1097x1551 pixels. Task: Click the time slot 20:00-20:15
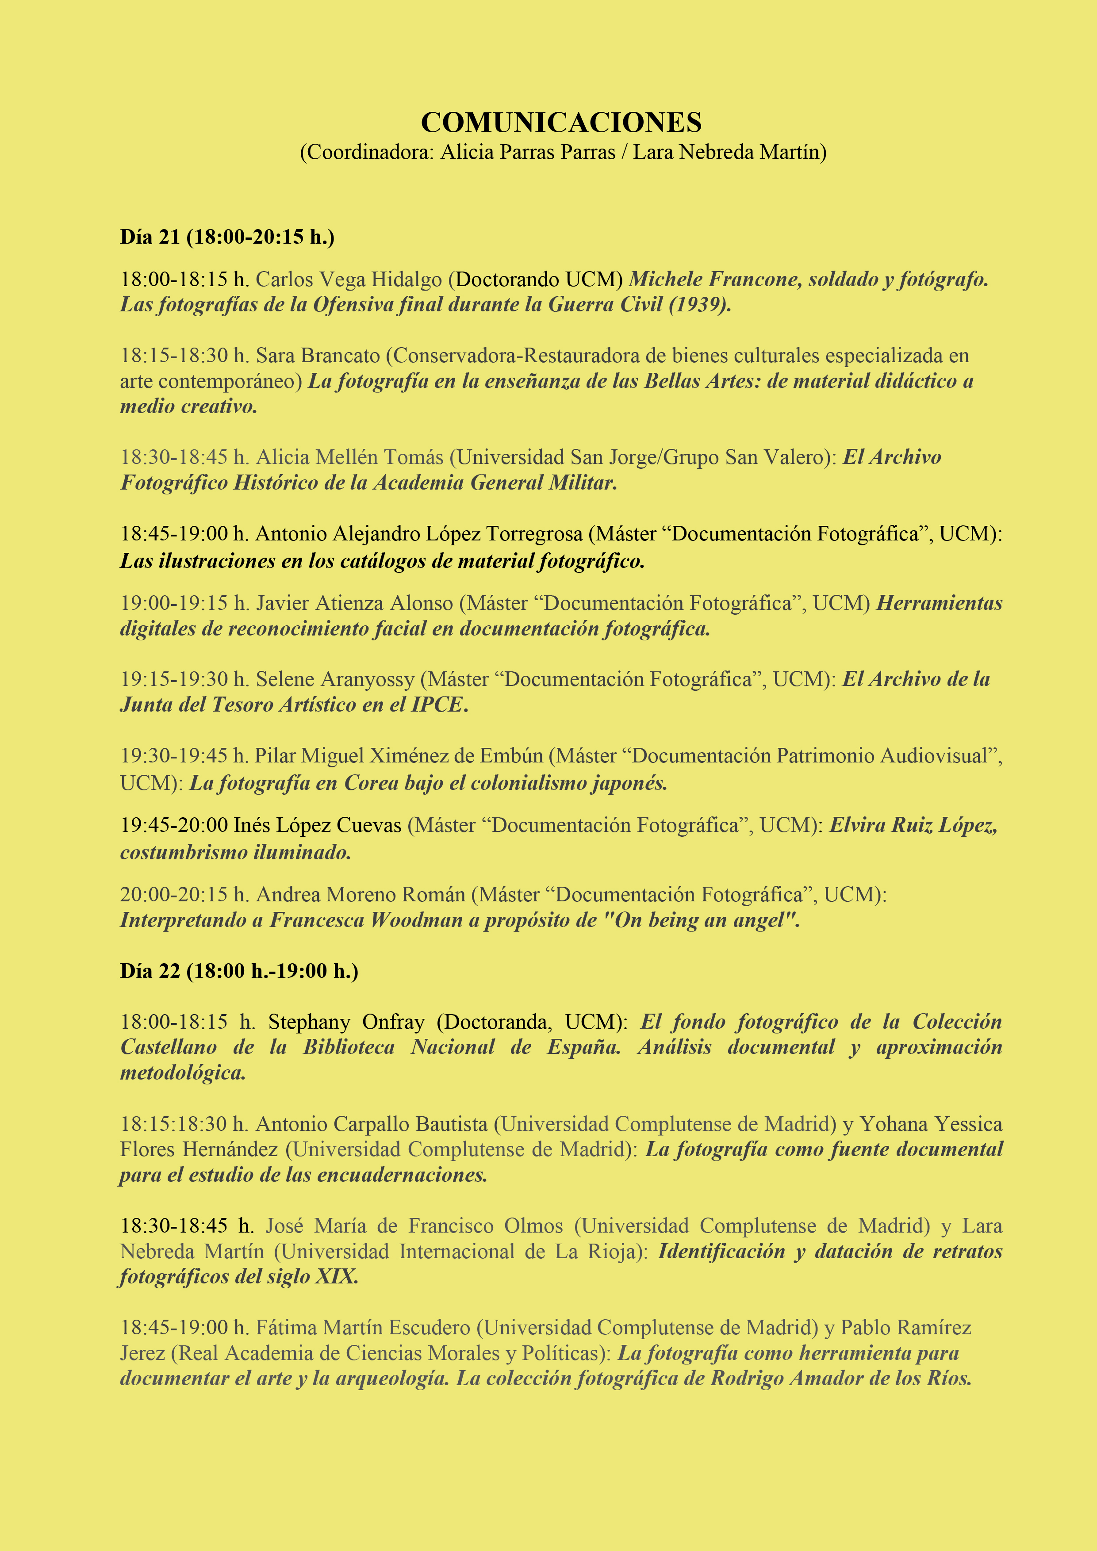[173, 894]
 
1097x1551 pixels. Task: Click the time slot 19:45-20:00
[173, 825]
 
